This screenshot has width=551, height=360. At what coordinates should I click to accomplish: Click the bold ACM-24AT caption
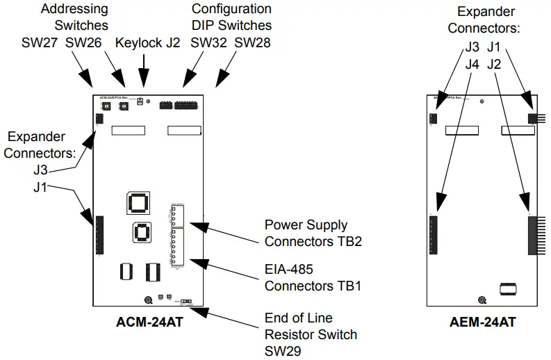149,322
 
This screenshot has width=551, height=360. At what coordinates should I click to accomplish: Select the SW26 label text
83,42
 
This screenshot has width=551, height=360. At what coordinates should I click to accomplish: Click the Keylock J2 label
147,42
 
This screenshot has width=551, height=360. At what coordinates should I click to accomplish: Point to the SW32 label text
208,42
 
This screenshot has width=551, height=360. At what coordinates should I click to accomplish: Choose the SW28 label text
252,42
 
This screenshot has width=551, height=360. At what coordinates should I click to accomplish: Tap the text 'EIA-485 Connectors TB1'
312,277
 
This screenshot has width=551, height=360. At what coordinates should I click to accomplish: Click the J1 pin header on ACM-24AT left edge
99,236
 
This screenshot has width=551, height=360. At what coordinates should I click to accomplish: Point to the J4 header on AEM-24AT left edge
434,234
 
